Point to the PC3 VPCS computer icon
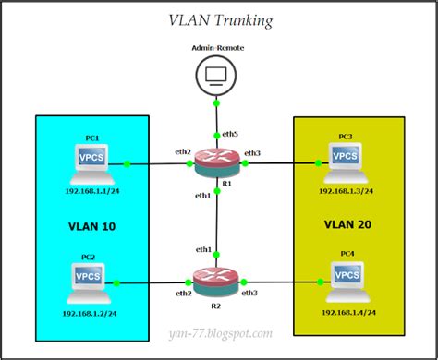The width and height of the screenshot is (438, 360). coord(346,158)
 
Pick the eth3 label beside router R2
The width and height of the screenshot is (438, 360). coord(249,293)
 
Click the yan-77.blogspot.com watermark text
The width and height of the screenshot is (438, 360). coord(218,333)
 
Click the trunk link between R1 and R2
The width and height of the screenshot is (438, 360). coord(215,222)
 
